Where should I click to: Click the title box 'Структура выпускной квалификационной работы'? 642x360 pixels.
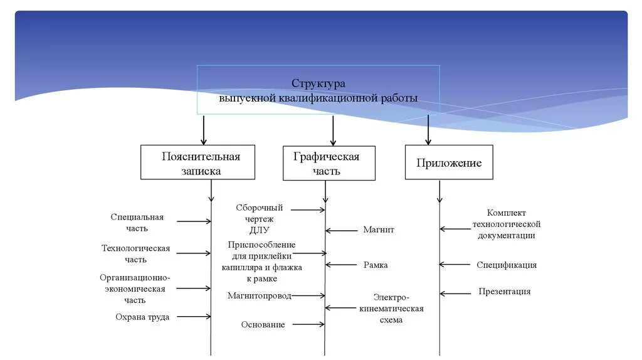[x=318, y=90]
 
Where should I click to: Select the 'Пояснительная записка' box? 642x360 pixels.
[x=197, y=162]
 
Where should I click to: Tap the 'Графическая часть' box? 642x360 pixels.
[x=329, y=163]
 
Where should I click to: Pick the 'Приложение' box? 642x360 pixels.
[x=449, y=162]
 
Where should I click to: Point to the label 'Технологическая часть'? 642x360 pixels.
[x=135, y=253]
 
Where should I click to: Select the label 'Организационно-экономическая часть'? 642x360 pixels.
[x=135, y=289]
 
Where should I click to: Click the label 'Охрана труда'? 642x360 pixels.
[x=142, y=317]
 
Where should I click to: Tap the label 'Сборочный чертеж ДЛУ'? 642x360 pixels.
[x=259, y=218]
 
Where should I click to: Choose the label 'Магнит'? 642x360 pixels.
[x=379, y=230]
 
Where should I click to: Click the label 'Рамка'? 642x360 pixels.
[x=376, y=265]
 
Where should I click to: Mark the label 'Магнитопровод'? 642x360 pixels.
[x=260, y=295]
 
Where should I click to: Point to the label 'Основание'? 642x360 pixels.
[x=263, y=324]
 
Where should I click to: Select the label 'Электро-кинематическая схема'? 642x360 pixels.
[x=391, y=308]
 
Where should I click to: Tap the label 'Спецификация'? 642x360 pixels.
[x=507, y=265]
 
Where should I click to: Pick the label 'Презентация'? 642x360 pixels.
[x=505, y=291]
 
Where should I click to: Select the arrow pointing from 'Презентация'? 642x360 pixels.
[x=455, y=293]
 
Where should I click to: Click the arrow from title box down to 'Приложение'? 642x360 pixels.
[x=428, y=129]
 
